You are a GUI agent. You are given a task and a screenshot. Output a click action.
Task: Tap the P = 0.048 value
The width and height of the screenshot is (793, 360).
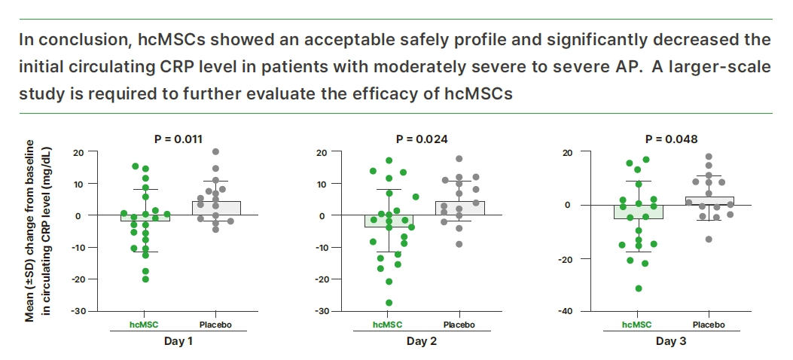(672, 139)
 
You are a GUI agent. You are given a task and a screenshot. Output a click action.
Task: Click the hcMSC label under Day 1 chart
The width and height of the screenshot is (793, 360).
(139, 324)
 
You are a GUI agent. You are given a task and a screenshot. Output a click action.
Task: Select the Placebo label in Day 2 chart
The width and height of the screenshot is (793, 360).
(459, 325)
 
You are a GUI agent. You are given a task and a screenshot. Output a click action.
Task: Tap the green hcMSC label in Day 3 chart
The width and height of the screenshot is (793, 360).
(637, 325)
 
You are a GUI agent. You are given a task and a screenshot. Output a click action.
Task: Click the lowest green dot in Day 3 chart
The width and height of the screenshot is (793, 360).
(639, 288)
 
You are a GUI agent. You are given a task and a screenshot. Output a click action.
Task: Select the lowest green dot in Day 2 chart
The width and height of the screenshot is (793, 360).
(389, 303)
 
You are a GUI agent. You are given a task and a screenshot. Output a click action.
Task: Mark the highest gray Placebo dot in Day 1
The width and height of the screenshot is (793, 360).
(215, 152)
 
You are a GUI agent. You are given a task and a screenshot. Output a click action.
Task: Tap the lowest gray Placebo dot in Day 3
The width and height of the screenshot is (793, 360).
(709, 239)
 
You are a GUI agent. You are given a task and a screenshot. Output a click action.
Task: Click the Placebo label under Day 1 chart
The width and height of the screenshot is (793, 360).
(215, 324)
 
